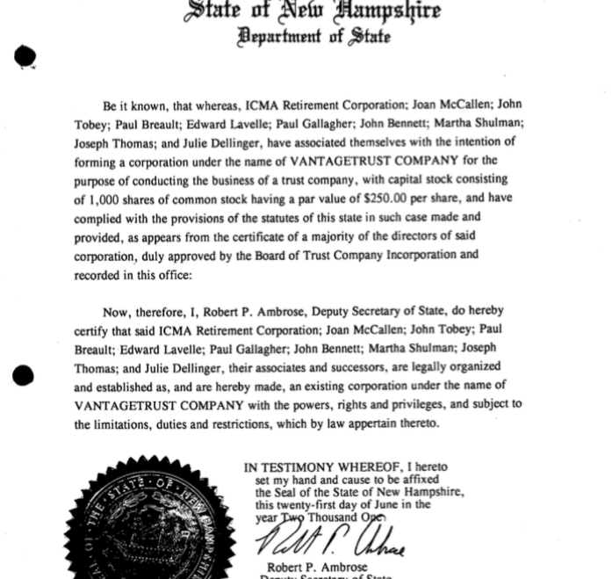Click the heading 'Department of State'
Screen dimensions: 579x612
pyautogui.click(x=313, y=37)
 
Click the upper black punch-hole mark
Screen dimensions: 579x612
pyautogui.click(x=25, y=57)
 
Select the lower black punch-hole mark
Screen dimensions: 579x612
pyautogui.click(x=24, y=377)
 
